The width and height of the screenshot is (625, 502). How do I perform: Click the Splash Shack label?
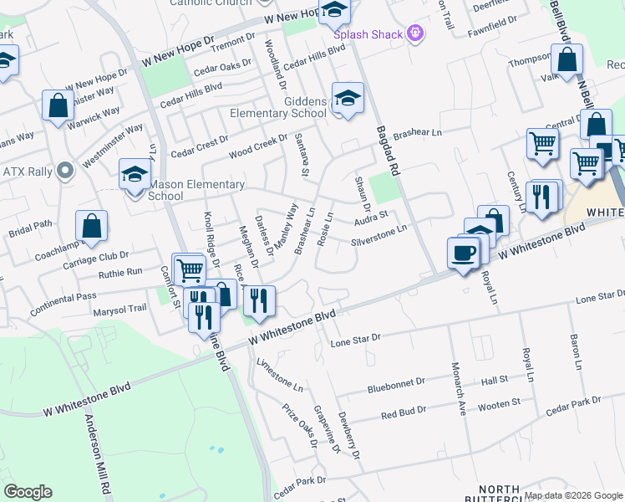[368, 35]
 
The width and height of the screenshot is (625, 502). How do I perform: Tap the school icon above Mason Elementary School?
[134, 174]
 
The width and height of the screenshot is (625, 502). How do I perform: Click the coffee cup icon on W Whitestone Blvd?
[463, 251]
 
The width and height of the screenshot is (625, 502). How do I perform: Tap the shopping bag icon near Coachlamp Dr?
[91, 226]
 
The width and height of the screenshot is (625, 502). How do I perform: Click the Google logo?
[28, 492]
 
